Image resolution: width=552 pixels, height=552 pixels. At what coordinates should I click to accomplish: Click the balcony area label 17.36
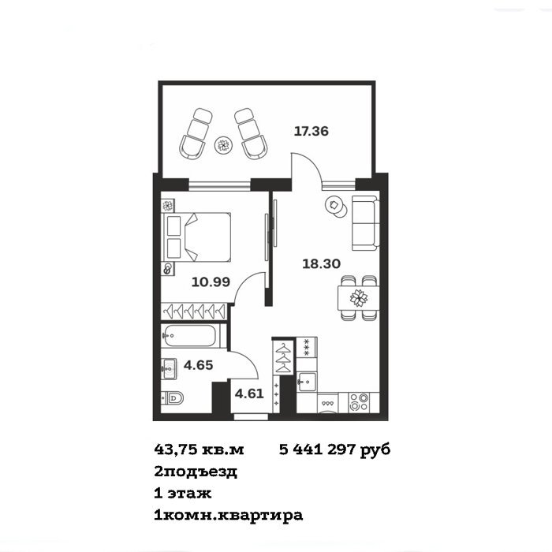coord(311,132)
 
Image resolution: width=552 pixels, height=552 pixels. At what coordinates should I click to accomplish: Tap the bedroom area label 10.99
coord(211,282)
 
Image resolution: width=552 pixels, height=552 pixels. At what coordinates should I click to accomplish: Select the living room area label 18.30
coord(322,263)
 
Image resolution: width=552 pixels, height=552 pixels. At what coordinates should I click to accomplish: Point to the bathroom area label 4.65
coord(198,365)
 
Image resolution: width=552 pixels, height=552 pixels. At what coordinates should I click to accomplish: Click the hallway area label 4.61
coord(249,393)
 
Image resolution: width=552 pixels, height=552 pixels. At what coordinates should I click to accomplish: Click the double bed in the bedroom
coord(196,237)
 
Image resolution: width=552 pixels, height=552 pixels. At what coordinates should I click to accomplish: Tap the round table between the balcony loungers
coord(223,144)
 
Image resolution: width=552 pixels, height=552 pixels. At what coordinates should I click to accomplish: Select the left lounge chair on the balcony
coord(196,134)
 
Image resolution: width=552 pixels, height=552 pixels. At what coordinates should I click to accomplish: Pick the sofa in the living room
coord(366,223)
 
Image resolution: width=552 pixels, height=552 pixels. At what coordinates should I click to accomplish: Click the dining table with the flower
coord(358,298)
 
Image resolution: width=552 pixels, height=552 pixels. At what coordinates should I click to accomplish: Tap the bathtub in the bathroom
coord(189,335)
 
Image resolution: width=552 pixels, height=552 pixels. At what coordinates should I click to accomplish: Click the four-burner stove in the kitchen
coord(359,402)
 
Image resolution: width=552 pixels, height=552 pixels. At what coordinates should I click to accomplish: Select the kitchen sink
coord(306,382)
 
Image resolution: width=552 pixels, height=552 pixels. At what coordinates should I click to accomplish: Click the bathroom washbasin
coord(169,369)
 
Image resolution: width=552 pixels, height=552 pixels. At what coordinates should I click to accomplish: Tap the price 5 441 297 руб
coord(335,449)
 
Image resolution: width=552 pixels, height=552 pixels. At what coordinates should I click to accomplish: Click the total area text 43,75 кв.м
coord(199,449)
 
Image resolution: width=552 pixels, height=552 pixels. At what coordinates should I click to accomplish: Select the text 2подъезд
coord(196,472)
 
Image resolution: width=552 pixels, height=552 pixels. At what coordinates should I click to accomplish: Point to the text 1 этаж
coord(183,493)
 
